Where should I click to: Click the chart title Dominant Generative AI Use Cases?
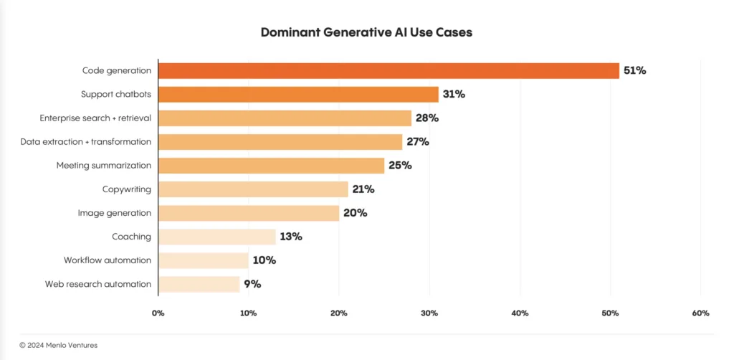coord(366,33)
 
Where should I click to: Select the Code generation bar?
coord(388,70)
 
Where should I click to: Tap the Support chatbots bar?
coord(297,94)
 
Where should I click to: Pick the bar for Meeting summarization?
coord(271,165)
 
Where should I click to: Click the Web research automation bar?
coord(199,284)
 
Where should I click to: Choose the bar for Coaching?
coord(216,237)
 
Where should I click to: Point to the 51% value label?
coord(634,70)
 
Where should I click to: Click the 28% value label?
coord(426,118)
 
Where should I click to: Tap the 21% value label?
coord(363,189)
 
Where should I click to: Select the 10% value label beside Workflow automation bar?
coord(263,260)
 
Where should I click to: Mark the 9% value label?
coord(252,284)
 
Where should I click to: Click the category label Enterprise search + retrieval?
coord(95,118)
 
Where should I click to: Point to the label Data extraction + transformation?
coord(85,141)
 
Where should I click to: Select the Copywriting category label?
coord(127,189)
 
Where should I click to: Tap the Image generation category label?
coord(115,213)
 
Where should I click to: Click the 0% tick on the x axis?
coord(158,313)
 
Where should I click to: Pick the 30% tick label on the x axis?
coord(429,313)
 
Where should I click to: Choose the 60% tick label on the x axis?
coord(700,313)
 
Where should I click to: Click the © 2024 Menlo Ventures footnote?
coord(58,345)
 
